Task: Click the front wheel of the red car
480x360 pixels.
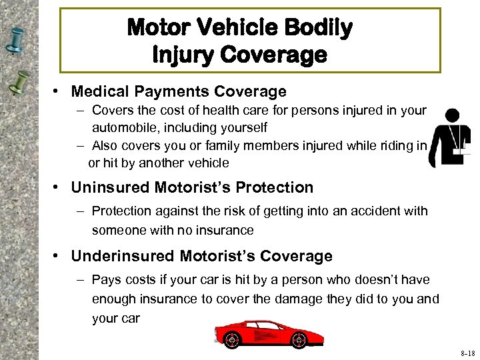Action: click(231, 339)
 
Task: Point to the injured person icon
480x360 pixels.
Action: click(450, 137)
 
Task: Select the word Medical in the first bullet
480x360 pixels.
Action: click(101, 91)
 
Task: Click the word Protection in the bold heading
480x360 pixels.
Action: click(271, 188)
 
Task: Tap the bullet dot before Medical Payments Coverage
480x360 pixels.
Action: click(60, 92)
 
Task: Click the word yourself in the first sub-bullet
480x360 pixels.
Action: click(244, 127)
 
